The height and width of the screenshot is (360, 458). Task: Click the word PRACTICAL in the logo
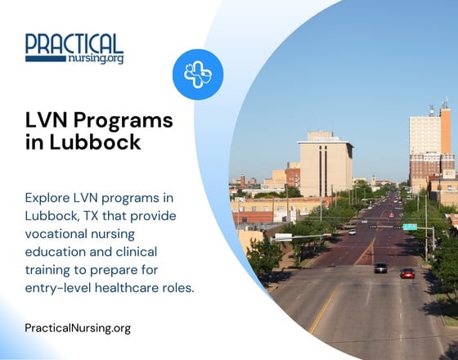(x=74, y=43)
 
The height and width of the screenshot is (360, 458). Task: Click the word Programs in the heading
(x=123, y=121)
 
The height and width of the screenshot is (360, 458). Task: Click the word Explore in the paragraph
(x=48, y=199)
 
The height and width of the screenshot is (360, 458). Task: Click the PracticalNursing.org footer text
(x=78, y=328)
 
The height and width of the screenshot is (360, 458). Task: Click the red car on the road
(x=407, y=272)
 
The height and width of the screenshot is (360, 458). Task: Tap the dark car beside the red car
(x=380, y=268)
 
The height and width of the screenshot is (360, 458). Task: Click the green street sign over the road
(x=410, y=227)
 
